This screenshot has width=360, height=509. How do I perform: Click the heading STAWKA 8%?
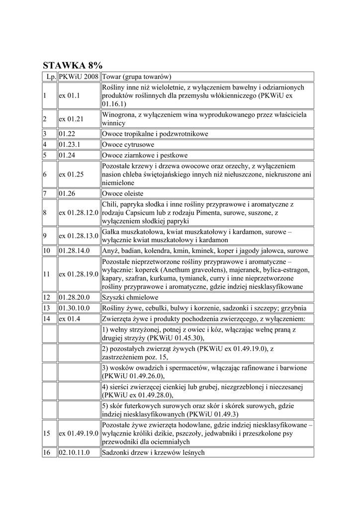[x=73, y=65]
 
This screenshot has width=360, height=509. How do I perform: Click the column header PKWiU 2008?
[x=79, y=77]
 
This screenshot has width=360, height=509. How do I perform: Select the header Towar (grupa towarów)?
[x=137, y=77]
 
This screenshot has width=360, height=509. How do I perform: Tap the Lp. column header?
[x=50, y=77]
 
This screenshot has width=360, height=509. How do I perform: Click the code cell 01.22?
[x=66, y=134]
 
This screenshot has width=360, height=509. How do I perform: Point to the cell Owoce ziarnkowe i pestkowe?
[x=145, y=155]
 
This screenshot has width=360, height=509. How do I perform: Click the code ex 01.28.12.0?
[x=79, y=212]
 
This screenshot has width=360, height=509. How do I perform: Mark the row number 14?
[x=47, y=318]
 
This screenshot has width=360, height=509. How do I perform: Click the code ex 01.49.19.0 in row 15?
[x=79, y=433]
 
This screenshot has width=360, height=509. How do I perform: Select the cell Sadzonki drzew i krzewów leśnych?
[x=153, y=452]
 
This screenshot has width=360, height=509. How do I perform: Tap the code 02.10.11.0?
[x=74, y=452]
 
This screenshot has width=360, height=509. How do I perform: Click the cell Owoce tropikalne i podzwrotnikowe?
[x=155, y=134]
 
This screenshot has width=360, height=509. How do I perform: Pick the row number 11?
[x=47, y=274]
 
